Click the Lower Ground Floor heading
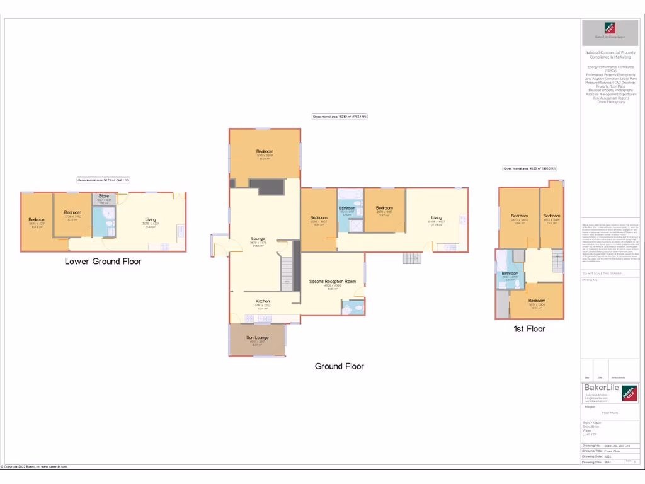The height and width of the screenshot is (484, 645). tap(103, 261)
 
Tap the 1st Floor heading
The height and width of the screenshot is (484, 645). tap(528, 328)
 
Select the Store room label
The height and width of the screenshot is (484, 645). tap(103, 196)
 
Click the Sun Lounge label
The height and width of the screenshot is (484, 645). tap(257, 338)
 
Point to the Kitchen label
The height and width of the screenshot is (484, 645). tap(263, 301)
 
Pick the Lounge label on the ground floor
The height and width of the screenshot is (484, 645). tap(257, 238)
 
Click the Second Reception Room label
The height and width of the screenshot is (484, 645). tap(333, 281)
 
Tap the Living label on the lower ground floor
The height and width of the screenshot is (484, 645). tap(151, 219)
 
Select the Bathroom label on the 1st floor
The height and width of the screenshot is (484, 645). tap(510, 273)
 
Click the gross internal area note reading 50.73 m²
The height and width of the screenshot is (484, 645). tap(104, 180)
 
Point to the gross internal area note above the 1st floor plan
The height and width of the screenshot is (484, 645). tap(529, 168)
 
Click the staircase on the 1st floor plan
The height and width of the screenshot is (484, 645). tap(556, 260)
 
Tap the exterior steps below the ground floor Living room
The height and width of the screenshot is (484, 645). tap(412, 258)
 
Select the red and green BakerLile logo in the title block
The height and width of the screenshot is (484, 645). tap(631, 393)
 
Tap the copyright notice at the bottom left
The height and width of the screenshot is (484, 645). tap(34, 466)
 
